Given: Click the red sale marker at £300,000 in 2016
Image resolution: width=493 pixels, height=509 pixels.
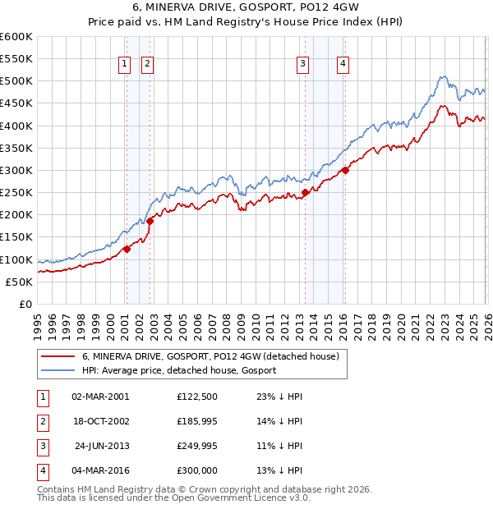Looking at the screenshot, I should click(x=345, y=171).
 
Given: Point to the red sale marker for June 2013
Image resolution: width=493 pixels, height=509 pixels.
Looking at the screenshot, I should click(x=305, y=193).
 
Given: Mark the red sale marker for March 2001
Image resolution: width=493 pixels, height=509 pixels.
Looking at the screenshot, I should click(x=127, y=250).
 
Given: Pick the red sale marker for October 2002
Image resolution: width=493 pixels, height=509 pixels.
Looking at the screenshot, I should click(x=150, y=221).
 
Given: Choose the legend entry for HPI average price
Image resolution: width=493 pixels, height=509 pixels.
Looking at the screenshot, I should click(x=179, y=370).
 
